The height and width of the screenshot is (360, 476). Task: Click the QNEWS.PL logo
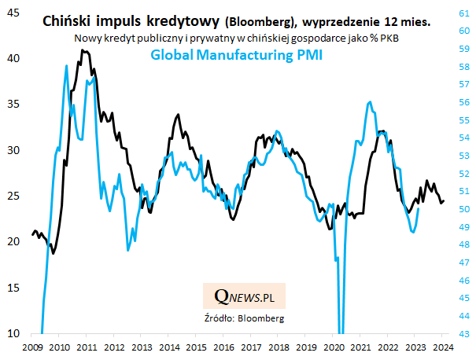(244, 296)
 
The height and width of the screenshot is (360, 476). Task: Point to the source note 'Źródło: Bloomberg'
(244, 318)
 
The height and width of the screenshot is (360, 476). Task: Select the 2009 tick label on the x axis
(32, 346)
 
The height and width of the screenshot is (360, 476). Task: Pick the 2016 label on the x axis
(224, 346)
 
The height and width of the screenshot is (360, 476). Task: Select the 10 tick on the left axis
(14, 333)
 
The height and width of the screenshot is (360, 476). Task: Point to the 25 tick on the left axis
(14, 196)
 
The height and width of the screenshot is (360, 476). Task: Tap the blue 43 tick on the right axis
(464, 333)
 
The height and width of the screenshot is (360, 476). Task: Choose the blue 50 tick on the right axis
(464, 208)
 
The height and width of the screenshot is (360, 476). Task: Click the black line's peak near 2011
(82, 50)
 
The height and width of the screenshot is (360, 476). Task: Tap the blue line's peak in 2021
(369, 102)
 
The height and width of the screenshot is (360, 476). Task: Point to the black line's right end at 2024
(444, 200)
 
